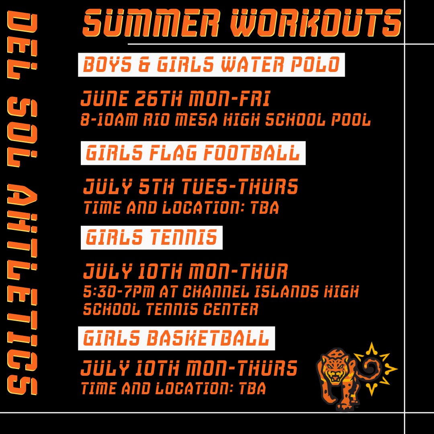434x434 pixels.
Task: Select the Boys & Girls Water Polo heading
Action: click(x=211, y=65)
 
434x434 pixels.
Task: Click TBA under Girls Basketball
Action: click(x=252, y=389)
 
